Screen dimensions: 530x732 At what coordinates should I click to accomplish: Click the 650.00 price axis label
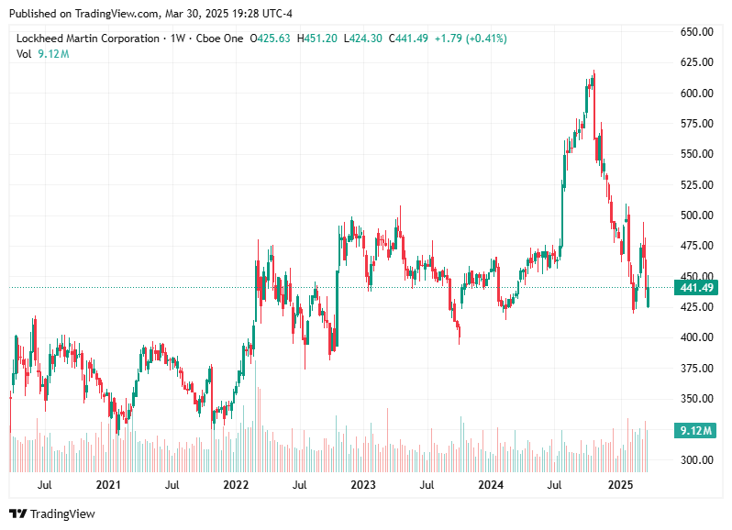tap(697, 32)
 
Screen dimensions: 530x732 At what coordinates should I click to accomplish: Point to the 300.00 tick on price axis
tap(697, 459)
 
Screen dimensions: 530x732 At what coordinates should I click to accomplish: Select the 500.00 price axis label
tap(697, 215)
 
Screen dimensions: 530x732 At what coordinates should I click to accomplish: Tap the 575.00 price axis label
tap(697, 124)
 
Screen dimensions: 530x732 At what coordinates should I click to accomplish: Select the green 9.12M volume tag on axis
tap(693, 430)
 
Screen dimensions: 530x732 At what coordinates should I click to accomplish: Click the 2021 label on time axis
tap(108, 484)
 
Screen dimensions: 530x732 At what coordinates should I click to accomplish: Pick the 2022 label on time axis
tap(236, 484)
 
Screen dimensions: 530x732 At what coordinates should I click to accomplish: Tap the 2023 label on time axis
tap(363, 484)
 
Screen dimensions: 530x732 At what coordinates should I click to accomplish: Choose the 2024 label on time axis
tap(492, 484)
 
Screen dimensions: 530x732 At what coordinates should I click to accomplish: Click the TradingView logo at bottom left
tap(52, 514)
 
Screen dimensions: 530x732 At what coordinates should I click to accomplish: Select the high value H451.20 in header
tap(316, 39)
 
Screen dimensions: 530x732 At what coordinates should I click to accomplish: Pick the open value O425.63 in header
tap(270, 39)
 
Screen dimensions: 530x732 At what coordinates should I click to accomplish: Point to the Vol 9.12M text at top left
tap(43, 54)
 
